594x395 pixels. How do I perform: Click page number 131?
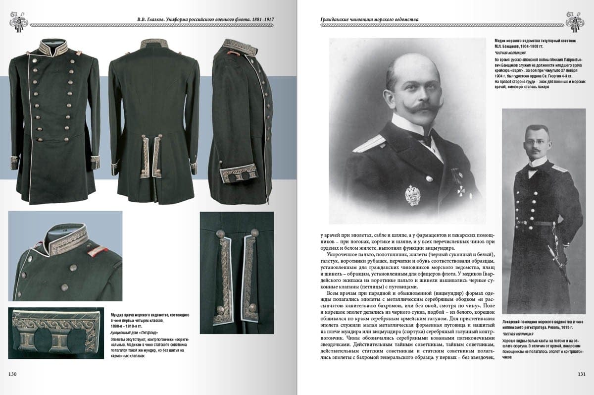point(582,374)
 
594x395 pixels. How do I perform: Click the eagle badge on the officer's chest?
point(412,195)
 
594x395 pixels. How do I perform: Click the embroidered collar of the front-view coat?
point(54,48)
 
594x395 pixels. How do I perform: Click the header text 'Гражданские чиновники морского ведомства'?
point(362,20)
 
